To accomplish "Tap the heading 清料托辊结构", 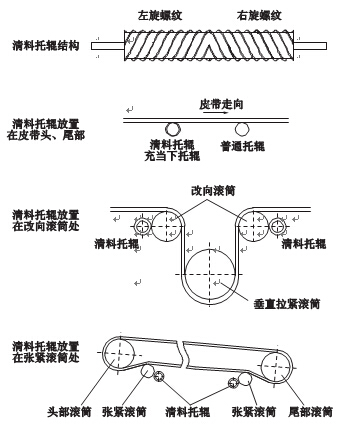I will [x=44, y=46].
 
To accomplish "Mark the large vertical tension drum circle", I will [x=209, y=269].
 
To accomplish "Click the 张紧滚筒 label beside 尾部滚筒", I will [x=251, y=410].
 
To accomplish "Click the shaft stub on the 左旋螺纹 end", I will [x=107, y=46].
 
